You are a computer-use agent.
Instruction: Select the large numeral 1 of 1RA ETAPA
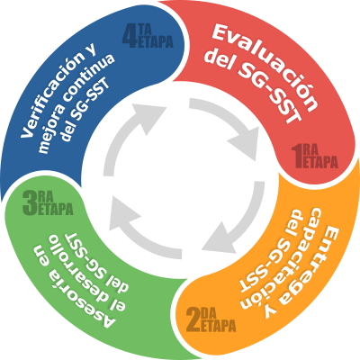click(x=298, y=156)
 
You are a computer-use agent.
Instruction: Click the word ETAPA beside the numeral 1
click(x=320, y=162)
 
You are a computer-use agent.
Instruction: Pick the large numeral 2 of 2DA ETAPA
click(x=193, y=320)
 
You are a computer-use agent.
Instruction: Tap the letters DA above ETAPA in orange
click(x=208, y=314)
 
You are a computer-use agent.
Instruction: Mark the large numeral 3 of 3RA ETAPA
click(x=30, y=203)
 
